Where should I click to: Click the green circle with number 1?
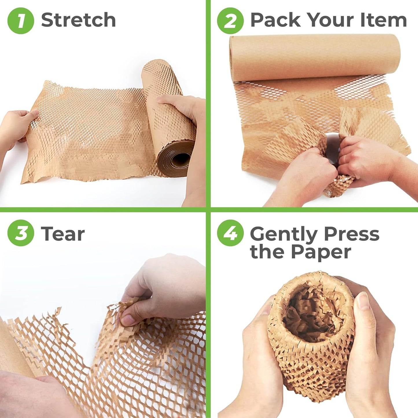(21, 21)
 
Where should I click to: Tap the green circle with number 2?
(230, 21)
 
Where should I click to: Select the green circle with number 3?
(21, 233)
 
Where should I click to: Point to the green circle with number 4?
(230, 233)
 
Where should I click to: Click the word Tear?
(63, 234)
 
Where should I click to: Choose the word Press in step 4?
(351, 234)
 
